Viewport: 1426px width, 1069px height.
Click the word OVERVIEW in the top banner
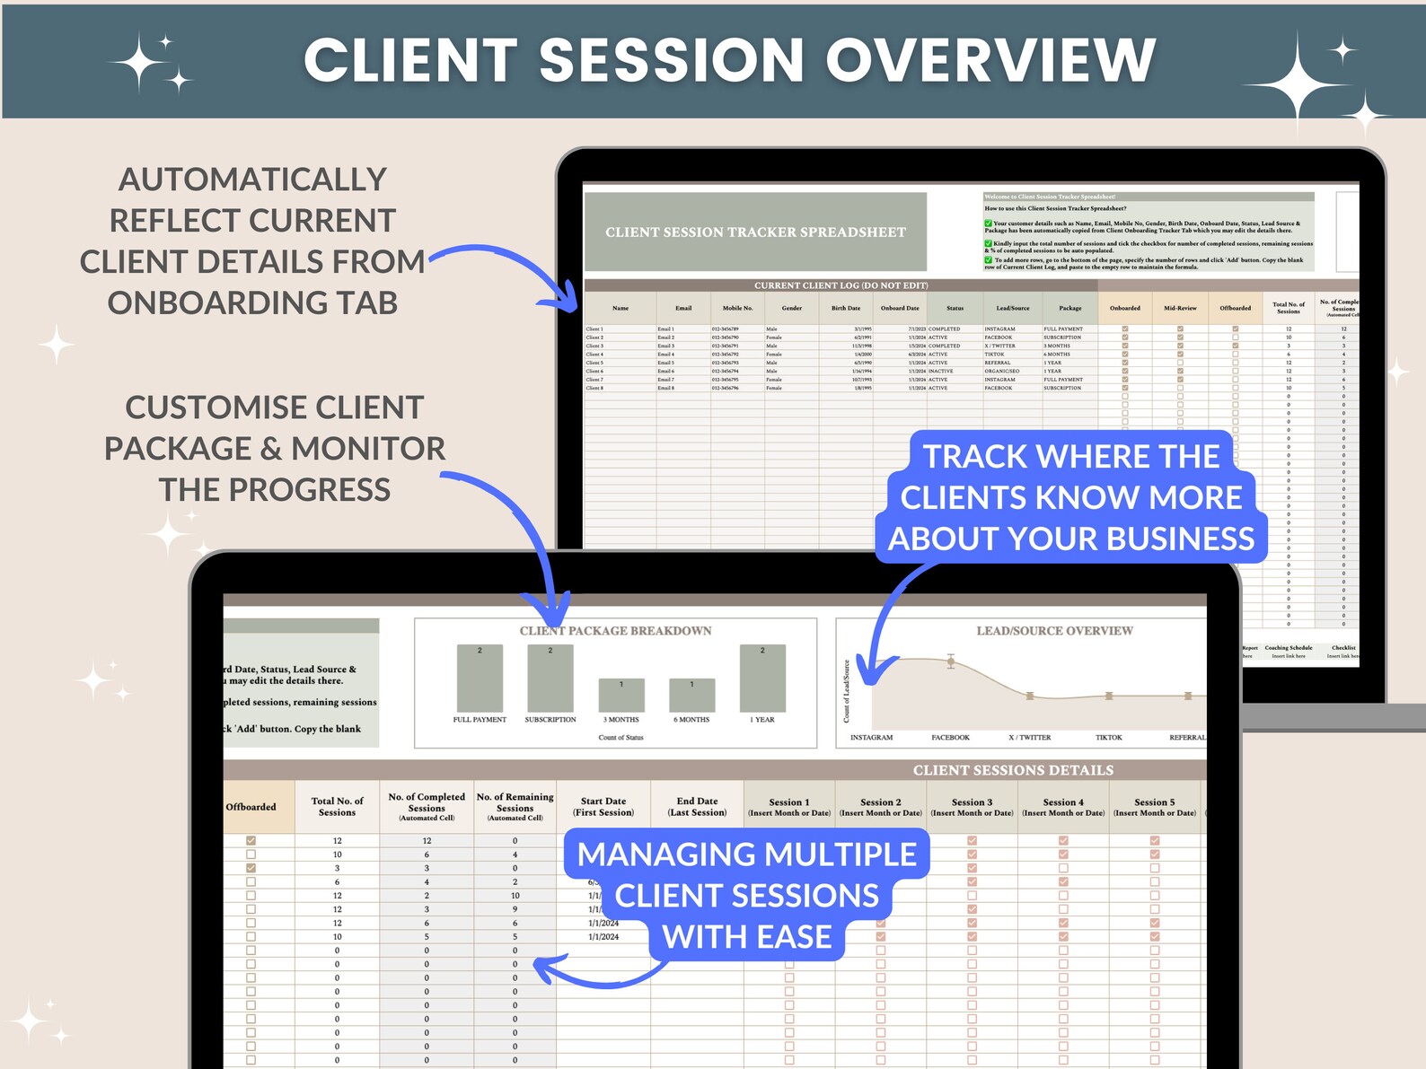click(990, 61)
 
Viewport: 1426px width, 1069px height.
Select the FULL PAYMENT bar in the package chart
click(480, 679)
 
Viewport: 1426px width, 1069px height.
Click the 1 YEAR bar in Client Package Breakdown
click(762, 679)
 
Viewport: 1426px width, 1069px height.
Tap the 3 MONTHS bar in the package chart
click(621, 696)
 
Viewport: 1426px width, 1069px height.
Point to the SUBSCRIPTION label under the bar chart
click(550, 720)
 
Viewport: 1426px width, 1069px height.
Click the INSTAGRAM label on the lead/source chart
click(871, 738)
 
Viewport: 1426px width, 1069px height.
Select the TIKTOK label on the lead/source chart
click(1108, 738)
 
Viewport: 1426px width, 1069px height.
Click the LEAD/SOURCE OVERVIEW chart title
click(1054, 631)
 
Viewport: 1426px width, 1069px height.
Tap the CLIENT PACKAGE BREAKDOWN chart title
click(615, 631)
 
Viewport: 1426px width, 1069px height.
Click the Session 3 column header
click(972, 807)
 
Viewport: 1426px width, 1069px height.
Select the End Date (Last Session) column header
click(697, 807)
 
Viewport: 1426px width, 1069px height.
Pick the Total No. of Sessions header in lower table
click(337, 807)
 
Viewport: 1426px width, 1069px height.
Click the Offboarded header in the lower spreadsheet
click(251, 807)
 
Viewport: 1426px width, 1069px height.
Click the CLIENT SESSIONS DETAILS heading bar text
click(1013, 770)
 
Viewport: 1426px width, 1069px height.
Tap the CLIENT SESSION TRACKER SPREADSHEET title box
click(755, 232)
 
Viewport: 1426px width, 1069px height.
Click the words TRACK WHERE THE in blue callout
click(1070, 457)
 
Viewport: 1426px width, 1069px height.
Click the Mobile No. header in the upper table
click(737, 308)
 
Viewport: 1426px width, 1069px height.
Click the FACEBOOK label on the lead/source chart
click(950, 738)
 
